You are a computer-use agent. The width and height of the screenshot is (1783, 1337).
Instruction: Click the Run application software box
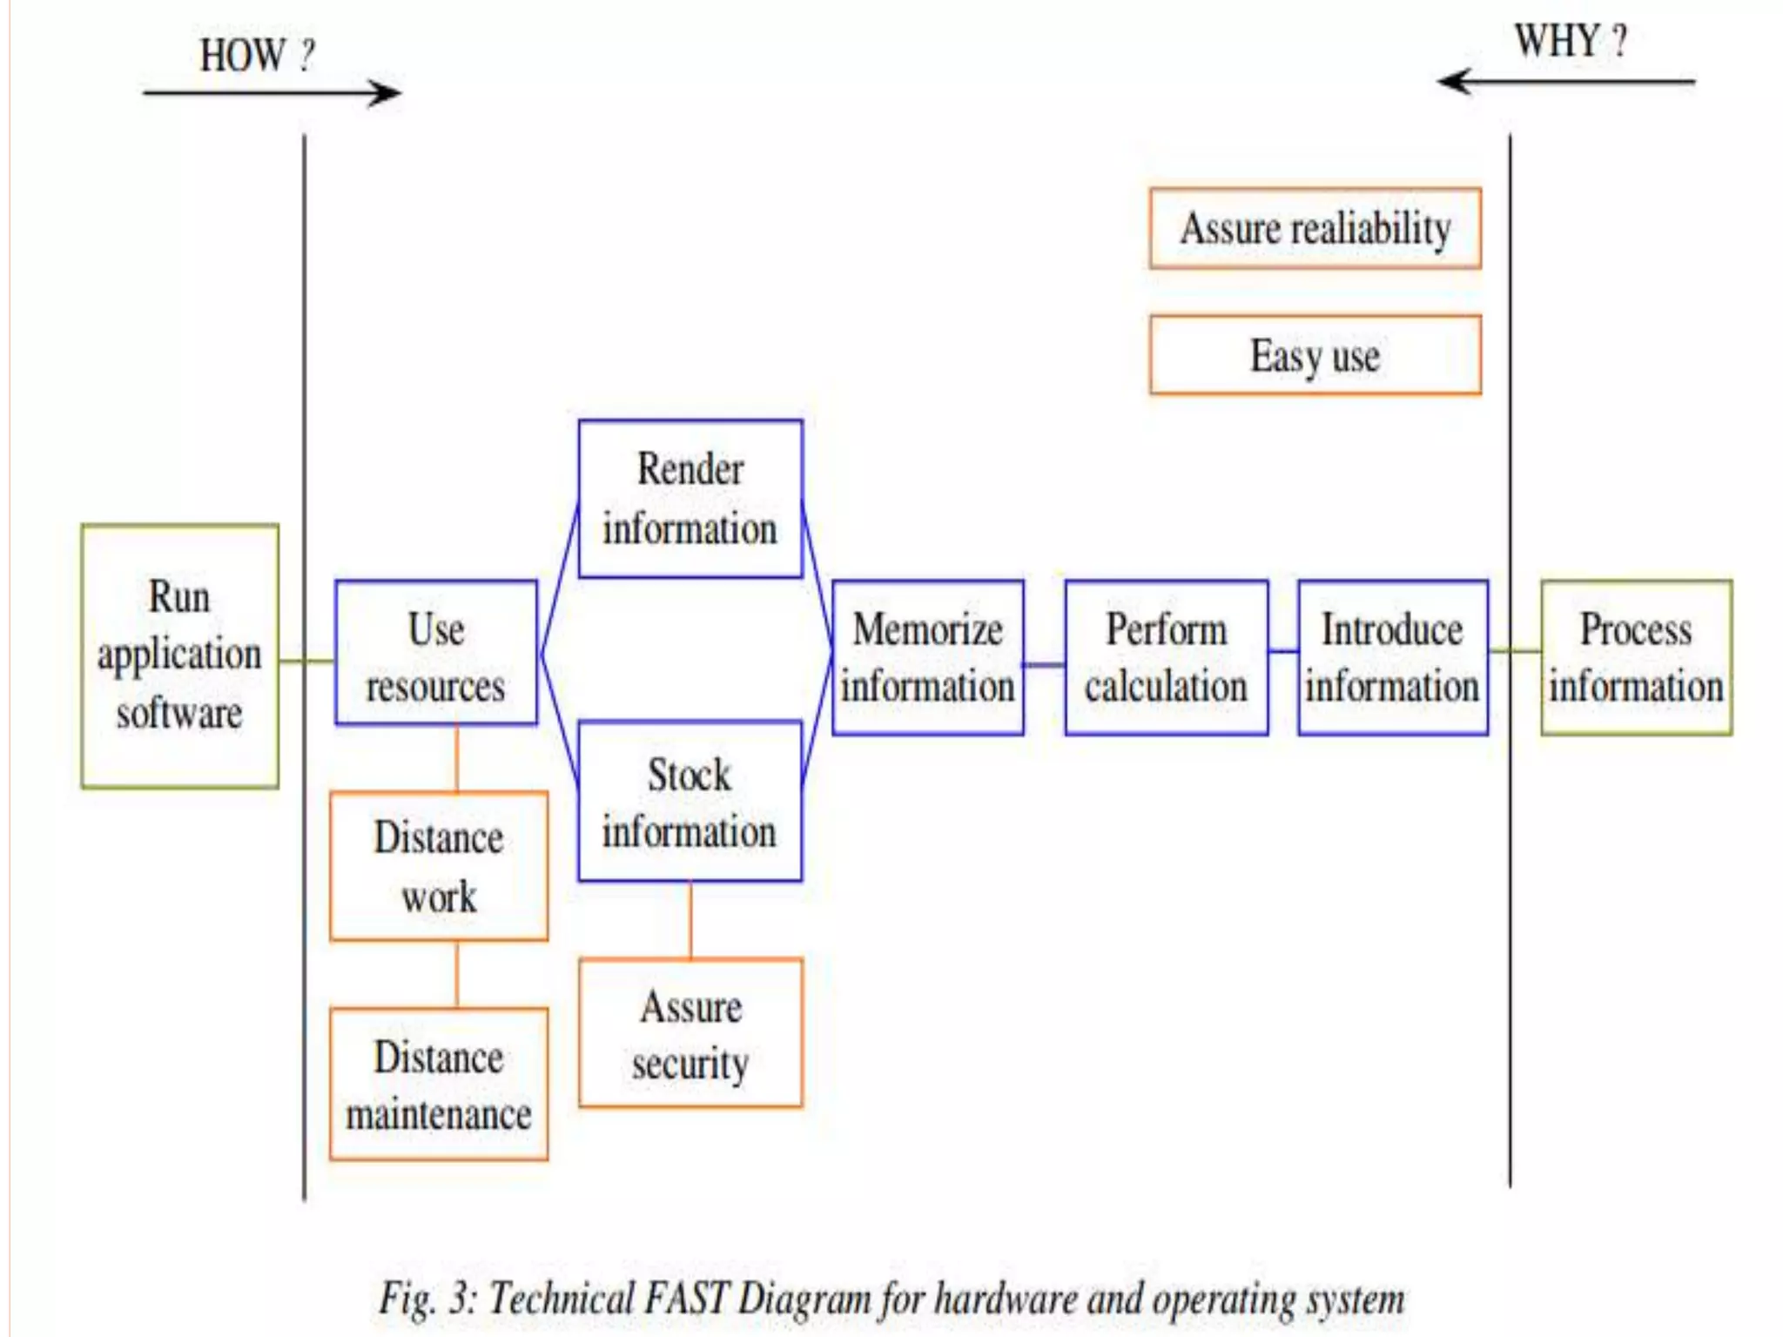tap(179, 655)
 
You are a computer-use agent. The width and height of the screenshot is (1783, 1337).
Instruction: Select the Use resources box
tap(435, 653)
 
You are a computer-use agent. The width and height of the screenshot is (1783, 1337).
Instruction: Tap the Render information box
tap(690, 499)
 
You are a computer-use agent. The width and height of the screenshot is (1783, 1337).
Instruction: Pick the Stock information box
tap(690, 801)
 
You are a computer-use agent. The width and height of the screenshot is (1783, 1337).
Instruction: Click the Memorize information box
tap(927, 657)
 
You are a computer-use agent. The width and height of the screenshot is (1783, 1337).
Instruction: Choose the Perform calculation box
tap(1166, 657)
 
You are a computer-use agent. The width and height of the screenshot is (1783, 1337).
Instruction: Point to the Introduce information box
tap(1392, 657)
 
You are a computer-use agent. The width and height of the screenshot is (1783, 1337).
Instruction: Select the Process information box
tap(1636, 657)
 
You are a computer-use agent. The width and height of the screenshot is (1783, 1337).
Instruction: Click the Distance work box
tap(439, 866)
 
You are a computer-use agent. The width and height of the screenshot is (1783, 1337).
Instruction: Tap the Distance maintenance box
tap(439, 1085)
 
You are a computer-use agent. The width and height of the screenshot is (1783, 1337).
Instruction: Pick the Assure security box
tap(690, 1033)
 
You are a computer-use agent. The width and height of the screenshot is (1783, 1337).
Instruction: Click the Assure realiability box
tap(1315, 228)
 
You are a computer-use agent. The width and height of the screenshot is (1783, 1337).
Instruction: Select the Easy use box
tap(1315, 355)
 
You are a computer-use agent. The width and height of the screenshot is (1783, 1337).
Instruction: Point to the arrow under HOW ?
tap(272, 92)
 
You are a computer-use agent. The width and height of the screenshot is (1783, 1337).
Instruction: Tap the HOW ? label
tap(257, 56)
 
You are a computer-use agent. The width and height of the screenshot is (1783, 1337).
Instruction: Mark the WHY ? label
tap(1571, 40)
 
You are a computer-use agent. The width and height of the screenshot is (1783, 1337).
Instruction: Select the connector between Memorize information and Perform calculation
tap(1044, 664)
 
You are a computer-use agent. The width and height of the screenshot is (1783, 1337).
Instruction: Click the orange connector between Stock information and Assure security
tap(690, 920)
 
